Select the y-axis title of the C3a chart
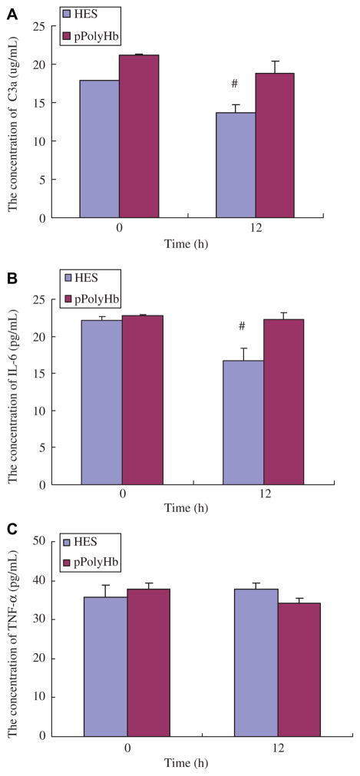(x=13, y=123)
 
